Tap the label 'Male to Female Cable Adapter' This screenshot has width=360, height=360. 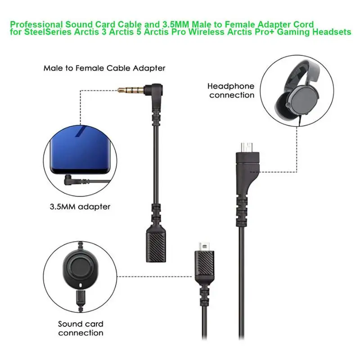(x=104, y=68)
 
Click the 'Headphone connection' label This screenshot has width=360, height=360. (x=231, y=90)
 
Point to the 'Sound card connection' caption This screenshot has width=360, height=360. (x=80, y=328)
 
